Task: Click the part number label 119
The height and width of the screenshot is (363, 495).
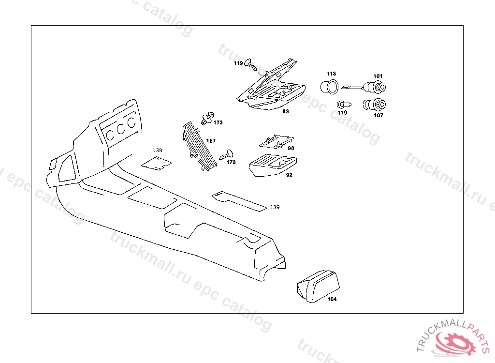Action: point(238,63)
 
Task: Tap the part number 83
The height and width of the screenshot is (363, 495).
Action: point(286,111)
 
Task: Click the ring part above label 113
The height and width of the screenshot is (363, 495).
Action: point(330,87)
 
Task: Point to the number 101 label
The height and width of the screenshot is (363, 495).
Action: point(378,76)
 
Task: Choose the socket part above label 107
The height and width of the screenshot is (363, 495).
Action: point(374,104)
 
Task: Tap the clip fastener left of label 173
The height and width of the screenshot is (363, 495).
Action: point(207,118)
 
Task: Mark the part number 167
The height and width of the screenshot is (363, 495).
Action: point(211,141)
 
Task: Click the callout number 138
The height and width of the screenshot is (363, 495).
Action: point(158,150)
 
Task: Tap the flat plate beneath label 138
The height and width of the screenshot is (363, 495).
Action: point(157,163)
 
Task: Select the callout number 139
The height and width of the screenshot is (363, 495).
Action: point(275,207)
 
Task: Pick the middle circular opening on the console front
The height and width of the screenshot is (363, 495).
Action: point(120,127)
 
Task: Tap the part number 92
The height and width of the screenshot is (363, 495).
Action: point(289,175)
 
